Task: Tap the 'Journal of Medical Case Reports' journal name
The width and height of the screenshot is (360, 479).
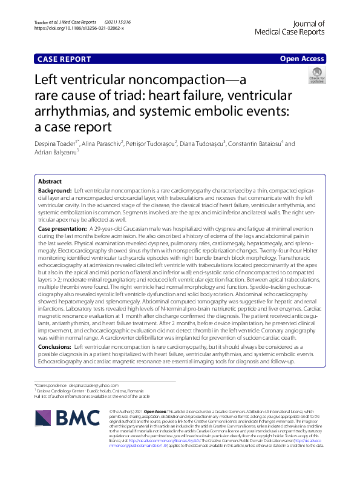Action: click(x=290, y=27)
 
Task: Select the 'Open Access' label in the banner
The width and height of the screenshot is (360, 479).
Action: click(x=302, y=59)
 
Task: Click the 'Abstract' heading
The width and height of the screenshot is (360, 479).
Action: click(x=50, y=182)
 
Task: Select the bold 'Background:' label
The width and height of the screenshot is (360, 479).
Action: click(x=54, y=191)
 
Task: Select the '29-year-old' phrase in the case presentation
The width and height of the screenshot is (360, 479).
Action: click(x=107, y=229)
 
